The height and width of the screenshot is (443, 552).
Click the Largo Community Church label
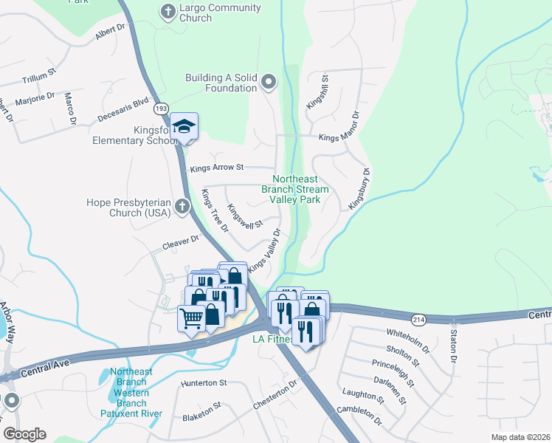pos(221,13)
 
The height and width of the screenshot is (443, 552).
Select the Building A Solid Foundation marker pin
pos(268,82)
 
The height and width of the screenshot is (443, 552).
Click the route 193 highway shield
pos(161,109)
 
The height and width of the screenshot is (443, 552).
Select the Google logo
pos(24,434)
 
